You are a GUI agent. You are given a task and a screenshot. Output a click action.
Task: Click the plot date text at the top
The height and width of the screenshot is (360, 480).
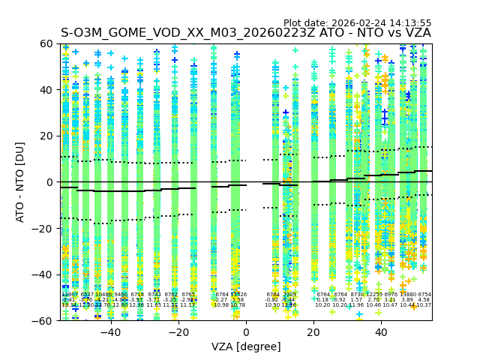point(357,23)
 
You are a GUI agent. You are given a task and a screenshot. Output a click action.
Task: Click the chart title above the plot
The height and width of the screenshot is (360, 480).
point(246,33)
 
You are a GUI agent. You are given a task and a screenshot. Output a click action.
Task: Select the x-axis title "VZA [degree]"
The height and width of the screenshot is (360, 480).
point(246,346)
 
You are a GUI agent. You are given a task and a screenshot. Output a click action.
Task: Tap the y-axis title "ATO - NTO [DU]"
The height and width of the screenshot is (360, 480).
point(21,182)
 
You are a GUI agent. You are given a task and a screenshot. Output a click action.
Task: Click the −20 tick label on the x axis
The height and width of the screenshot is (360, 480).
point(178,332)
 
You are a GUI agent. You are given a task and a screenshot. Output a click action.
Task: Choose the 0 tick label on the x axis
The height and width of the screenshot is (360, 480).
point(246,332)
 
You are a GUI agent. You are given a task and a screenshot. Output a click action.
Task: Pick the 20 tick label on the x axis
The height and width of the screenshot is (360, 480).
point(313,332)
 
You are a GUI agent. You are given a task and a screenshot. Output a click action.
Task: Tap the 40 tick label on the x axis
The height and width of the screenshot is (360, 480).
point(381,332)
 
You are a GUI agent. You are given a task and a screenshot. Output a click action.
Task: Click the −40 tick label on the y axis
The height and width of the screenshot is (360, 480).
point(46,274)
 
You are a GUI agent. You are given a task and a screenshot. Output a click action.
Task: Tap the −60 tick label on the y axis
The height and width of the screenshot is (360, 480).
point(46,320)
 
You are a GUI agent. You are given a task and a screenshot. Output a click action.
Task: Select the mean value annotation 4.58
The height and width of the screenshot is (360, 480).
point(424,300)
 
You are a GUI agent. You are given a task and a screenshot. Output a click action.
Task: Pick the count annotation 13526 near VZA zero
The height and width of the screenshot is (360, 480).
point(238,295)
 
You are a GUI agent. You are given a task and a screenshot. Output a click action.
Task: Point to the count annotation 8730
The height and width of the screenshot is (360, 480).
point(356,295)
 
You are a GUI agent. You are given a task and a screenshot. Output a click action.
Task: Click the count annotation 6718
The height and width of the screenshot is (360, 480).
point(137,295)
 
